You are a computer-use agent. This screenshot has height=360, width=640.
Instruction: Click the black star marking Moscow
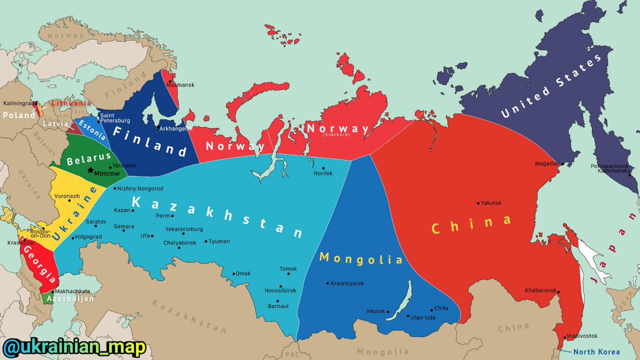pyautogui.click(x=90, y=171)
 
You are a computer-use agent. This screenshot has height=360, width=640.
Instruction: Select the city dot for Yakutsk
pyautogui.click(x=478, y=203)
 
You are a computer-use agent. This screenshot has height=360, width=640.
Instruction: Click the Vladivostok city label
pyautogui.click(x=582, y=336)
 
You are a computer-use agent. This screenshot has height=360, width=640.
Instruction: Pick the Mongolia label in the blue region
pyautogui.click(x=361, y=259)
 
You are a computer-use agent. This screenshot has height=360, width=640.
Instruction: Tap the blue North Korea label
pyautogui.click(x=597, y=351)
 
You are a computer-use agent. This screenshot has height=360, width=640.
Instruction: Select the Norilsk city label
pyautogui.click(x=323, y=173)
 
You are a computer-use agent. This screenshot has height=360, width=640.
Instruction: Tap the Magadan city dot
pyautogui.click(x=561, y=163)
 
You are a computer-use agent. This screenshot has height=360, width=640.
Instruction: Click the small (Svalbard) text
pyautogui.click(x=337, y=135)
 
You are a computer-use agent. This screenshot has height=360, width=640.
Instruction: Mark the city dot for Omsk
pyautogui.click(x=233, y=274)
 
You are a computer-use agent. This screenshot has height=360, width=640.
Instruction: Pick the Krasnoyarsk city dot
pyautogui.click(x=327, y=283)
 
